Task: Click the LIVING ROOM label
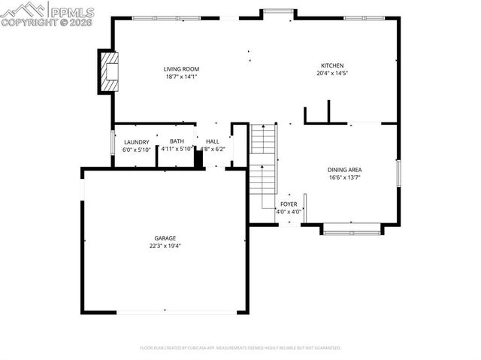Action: click(182, 69)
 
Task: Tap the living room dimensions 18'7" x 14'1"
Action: click(182, 76)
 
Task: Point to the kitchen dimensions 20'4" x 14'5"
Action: click(332, 74)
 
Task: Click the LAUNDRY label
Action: click(137, 142)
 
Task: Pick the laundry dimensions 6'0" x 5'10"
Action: click(137, 149)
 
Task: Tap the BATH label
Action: click(177, 141)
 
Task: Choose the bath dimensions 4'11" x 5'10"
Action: click(177, 149)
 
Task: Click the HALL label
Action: click(213, 141)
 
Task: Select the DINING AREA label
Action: click(344, 171)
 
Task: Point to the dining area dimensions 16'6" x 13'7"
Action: click(344, 177)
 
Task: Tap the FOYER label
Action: click(289, 204)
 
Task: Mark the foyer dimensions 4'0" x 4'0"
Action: click(289, 211)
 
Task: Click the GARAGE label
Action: click(165, 238)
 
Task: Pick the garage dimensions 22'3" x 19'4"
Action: click(165, 245)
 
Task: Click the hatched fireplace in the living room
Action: click(110, 71)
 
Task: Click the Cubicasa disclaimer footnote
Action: click(240, 348)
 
